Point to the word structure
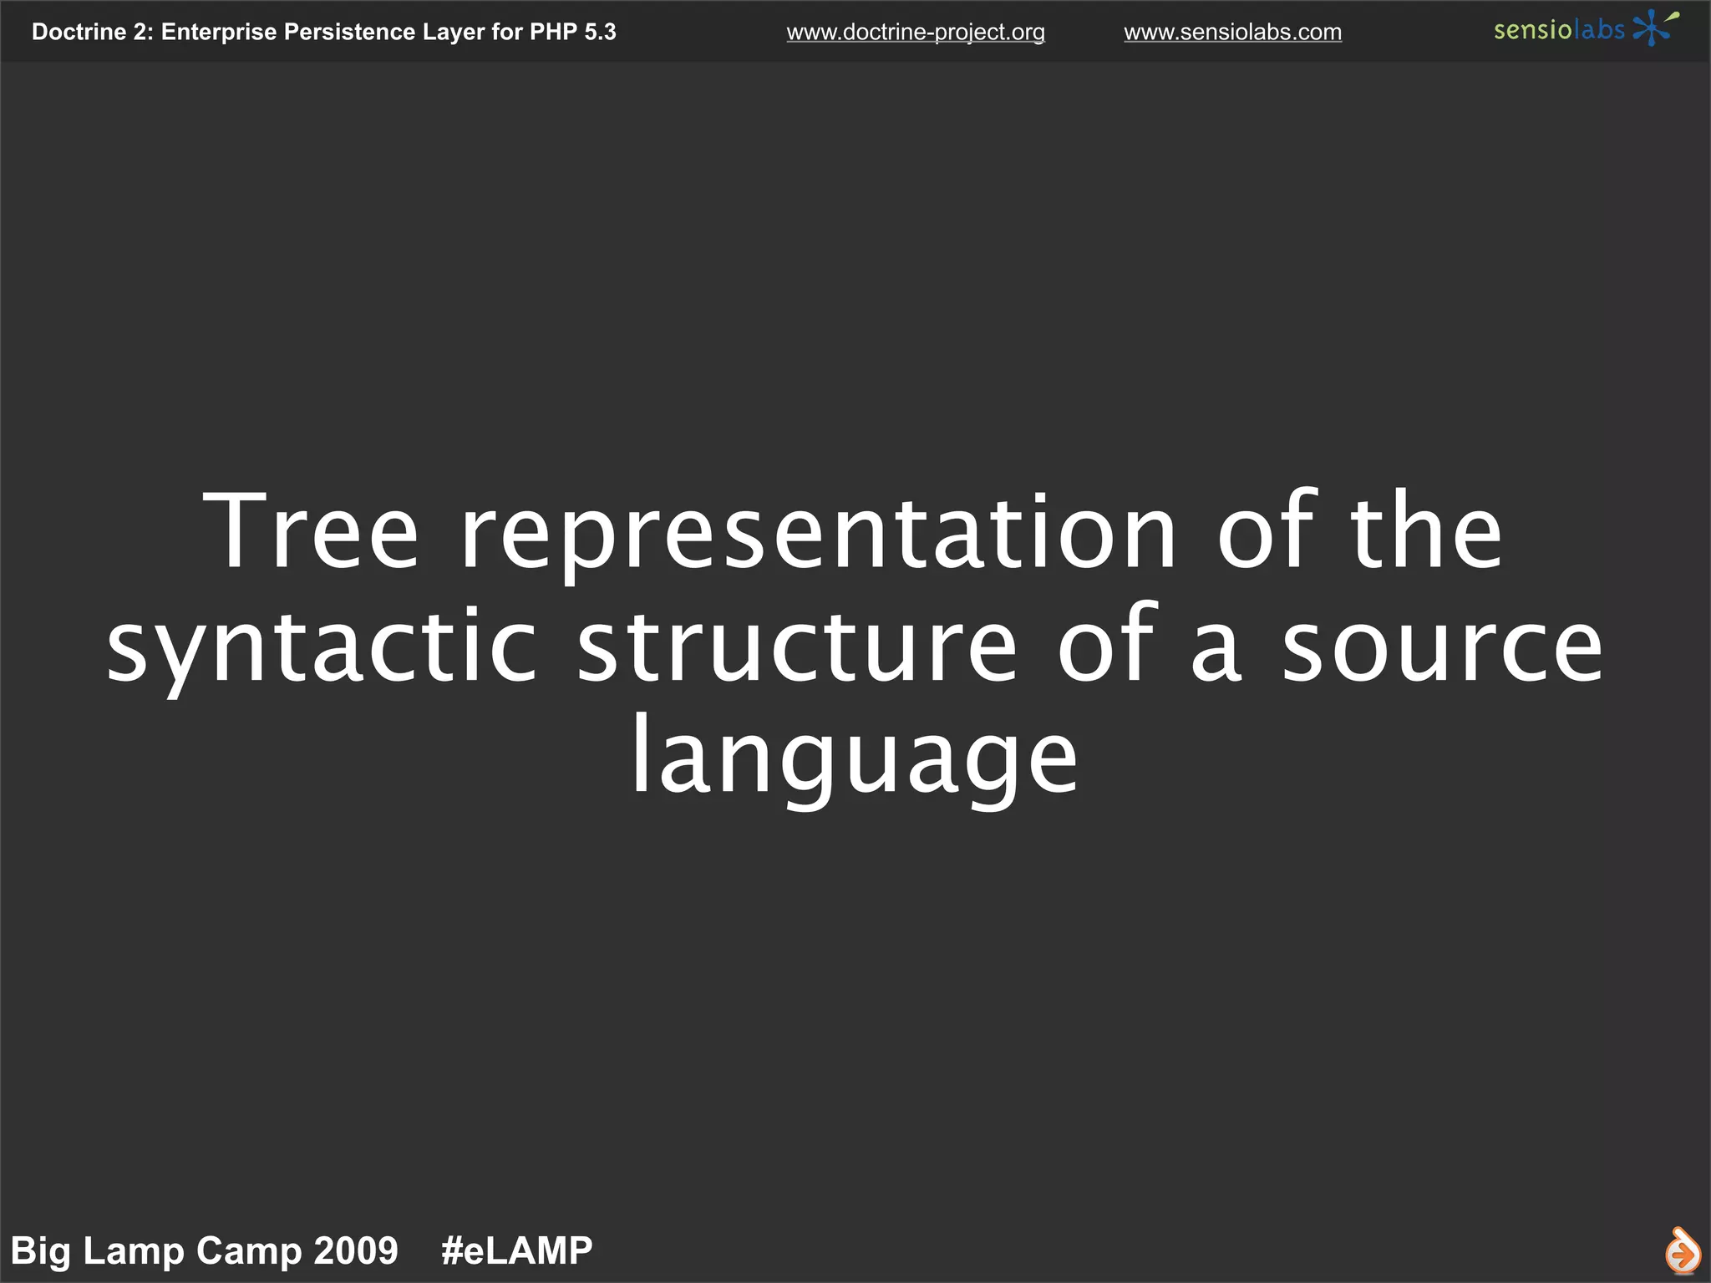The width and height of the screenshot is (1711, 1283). (797, 645)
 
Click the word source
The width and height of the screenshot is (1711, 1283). (1442, 645)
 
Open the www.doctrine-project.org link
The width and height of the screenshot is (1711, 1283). (916, 32)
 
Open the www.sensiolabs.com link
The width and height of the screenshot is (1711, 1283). (1232, 32)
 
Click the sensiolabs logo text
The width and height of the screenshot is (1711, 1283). (1559, 30)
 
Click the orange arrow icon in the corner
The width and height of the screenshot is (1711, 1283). (1681, 1250)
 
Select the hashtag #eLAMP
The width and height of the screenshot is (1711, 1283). (516, 1250)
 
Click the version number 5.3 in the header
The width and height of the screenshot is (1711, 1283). (600, 32)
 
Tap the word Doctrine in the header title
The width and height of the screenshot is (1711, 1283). (79, 32)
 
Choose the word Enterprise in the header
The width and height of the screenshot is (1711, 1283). (218, 32)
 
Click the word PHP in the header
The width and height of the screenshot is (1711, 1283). (553, 32)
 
